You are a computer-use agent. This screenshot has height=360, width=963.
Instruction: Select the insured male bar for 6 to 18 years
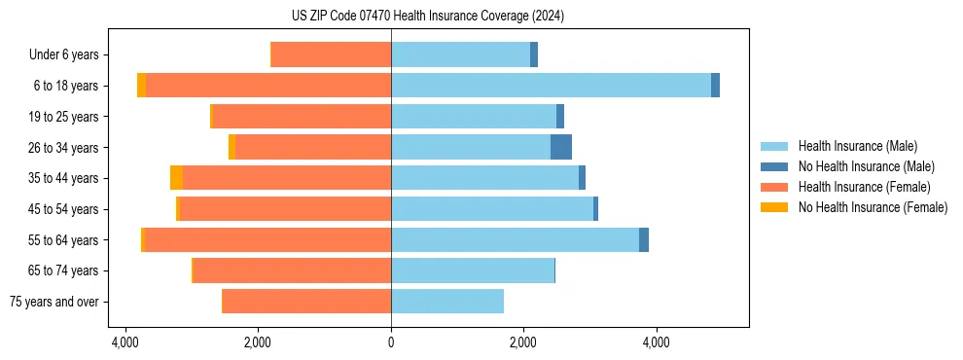tap(551, 86)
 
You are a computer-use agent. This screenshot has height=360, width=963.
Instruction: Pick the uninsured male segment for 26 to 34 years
tap(561, 147)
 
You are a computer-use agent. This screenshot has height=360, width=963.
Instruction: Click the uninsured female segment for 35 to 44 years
tap(176, 178)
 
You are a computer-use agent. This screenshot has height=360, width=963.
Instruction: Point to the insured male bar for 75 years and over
tap(447, 302)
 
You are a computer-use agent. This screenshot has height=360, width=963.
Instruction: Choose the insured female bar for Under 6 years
tap(331, 54)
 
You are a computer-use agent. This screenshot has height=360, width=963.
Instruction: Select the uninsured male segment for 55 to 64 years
tap(644, 239)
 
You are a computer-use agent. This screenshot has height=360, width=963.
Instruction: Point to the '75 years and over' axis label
tap(54, 302)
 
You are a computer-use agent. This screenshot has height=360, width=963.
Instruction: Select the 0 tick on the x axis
tap(391, 342)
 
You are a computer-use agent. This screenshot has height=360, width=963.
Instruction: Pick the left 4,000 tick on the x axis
tap(125, 342)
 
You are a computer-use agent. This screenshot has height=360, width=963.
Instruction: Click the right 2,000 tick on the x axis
tap(523, 342)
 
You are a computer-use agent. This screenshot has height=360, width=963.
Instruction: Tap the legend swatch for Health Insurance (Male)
tap(774, 146)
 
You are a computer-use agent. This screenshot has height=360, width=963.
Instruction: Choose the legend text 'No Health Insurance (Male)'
tap(866, 166)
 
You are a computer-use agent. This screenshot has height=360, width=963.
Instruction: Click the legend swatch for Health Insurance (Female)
tap(774, 187)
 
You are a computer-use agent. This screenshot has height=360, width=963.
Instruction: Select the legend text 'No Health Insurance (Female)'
tap(873, 207)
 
